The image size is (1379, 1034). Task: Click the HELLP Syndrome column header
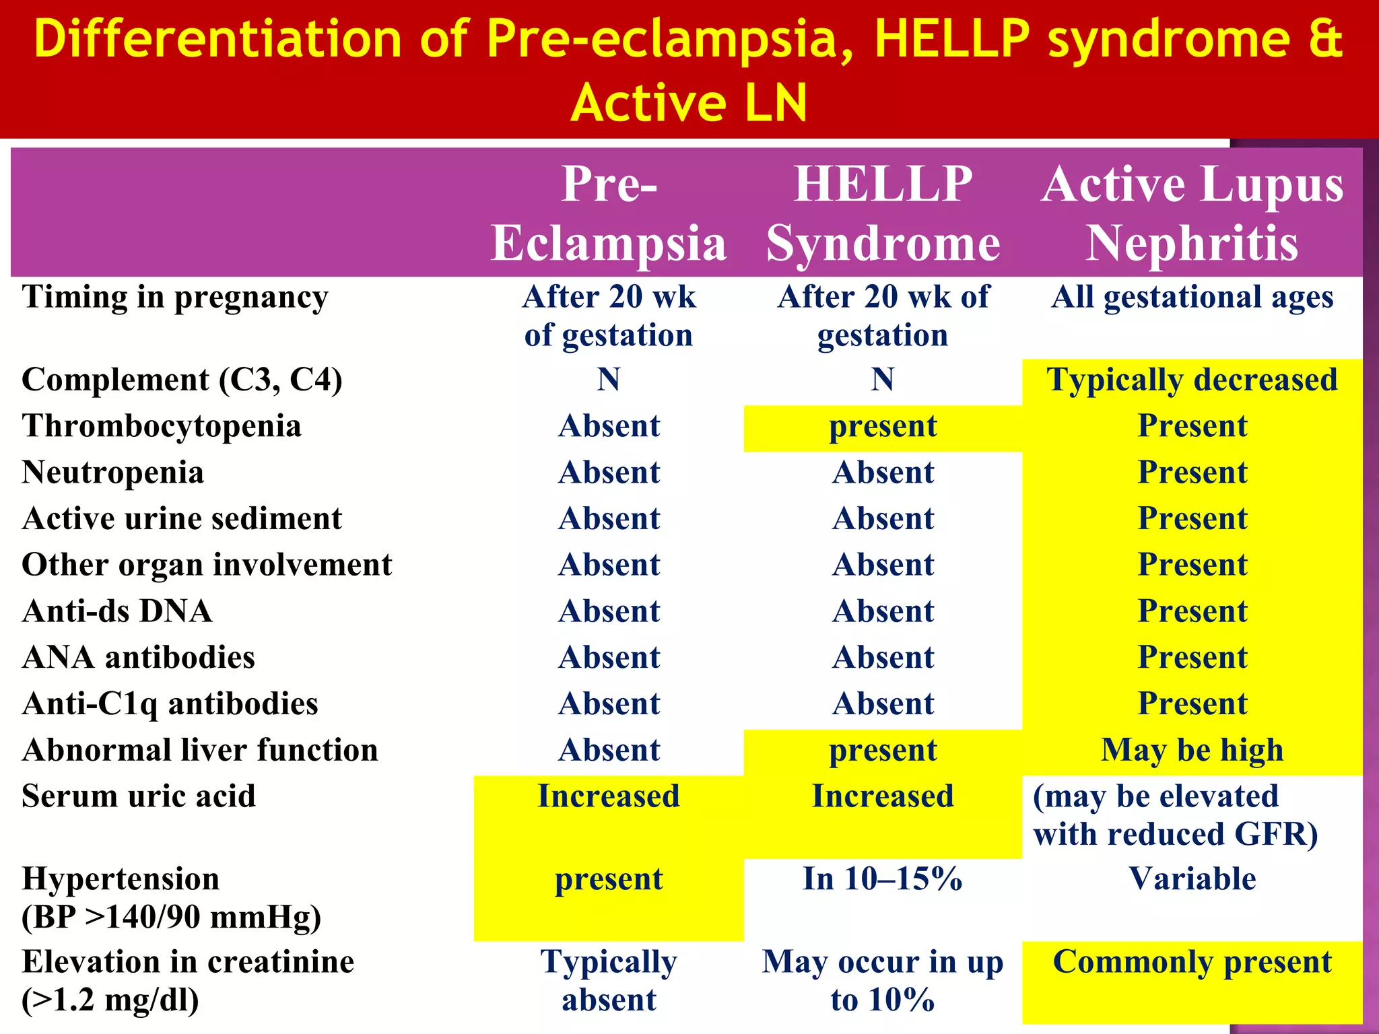(x=883, y=213)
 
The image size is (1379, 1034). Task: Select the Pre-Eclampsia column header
(x=609, y=213)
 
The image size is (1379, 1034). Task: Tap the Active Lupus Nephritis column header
(x=1192, y=213)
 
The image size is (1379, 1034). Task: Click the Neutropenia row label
(x=112, y=472)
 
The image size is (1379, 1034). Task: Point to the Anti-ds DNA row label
(x=117, y=611)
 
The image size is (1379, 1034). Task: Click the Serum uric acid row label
(x=139, y=796)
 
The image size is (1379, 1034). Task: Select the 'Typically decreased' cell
(x=1192, y=380)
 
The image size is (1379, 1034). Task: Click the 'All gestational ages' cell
(x=1192, y=297)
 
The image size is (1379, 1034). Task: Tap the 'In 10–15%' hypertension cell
(x=883, y=879)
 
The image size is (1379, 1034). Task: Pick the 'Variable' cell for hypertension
(x=1192, y=879)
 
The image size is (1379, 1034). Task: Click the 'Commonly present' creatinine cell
(x=1192, y=962)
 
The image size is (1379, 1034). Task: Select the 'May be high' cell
(x=1192, y=750)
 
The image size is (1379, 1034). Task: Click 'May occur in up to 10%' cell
(x=883, y=981)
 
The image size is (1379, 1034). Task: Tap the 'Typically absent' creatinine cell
(x=609, y=981)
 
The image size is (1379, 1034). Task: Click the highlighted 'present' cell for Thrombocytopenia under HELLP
(x=883, y=427)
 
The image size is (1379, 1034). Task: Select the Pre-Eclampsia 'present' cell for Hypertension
(x=609, y=879)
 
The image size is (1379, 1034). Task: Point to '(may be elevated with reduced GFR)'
(x=1175, y=815)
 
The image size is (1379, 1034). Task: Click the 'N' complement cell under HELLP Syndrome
(x=883, y=380)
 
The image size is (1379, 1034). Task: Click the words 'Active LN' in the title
(x=688, y=103)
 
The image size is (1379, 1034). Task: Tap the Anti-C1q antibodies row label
(x=170, y=704)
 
